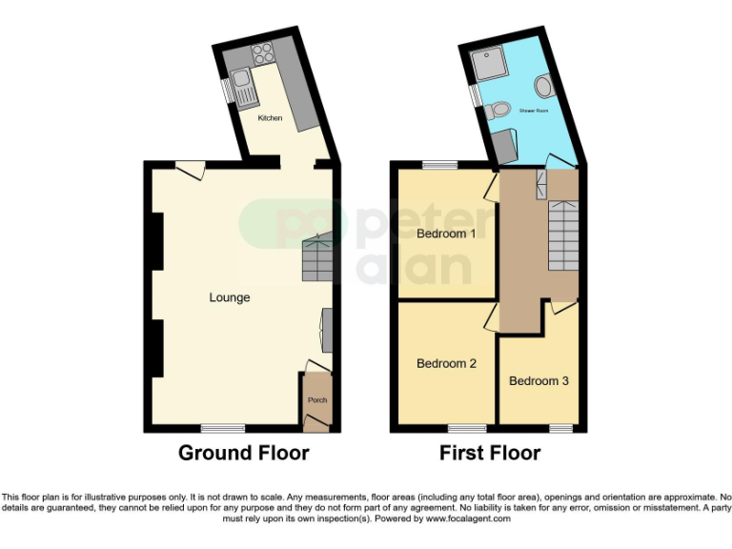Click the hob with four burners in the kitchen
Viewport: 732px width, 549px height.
[x=262, y=54]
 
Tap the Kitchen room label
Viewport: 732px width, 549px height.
[x=270, y=118]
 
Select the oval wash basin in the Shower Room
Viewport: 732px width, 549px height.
[x=543, y=88]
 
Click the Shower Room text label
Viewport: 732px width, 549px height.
[x=534, y=112]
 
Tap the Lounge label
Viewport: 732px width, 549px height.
[x=230, y=297]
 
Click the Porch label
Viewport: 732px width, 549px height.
[x=316, y=400]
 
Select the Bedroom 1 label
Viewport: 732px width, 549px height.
[x=447, y=234]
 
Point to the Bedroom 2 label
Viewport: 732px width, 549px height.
[x=447, y=363]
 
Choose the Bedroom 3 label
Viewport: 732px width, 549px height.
[x=539, y=380]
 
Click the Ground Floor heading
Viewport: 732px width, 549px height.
[x=244, y=453]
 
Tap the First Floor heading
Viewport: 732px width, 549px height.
[x=490, y=453]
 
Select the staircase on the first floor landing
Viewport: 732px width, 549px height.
[x=563, y=234]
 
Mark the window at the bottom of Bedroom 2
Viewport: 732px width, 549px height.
[x=465, y=428]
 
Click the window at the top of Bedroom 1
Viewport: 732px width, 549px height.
[x=439, y=164]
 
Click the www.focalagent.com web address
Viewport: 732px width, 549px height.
[x=468, y=519]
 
